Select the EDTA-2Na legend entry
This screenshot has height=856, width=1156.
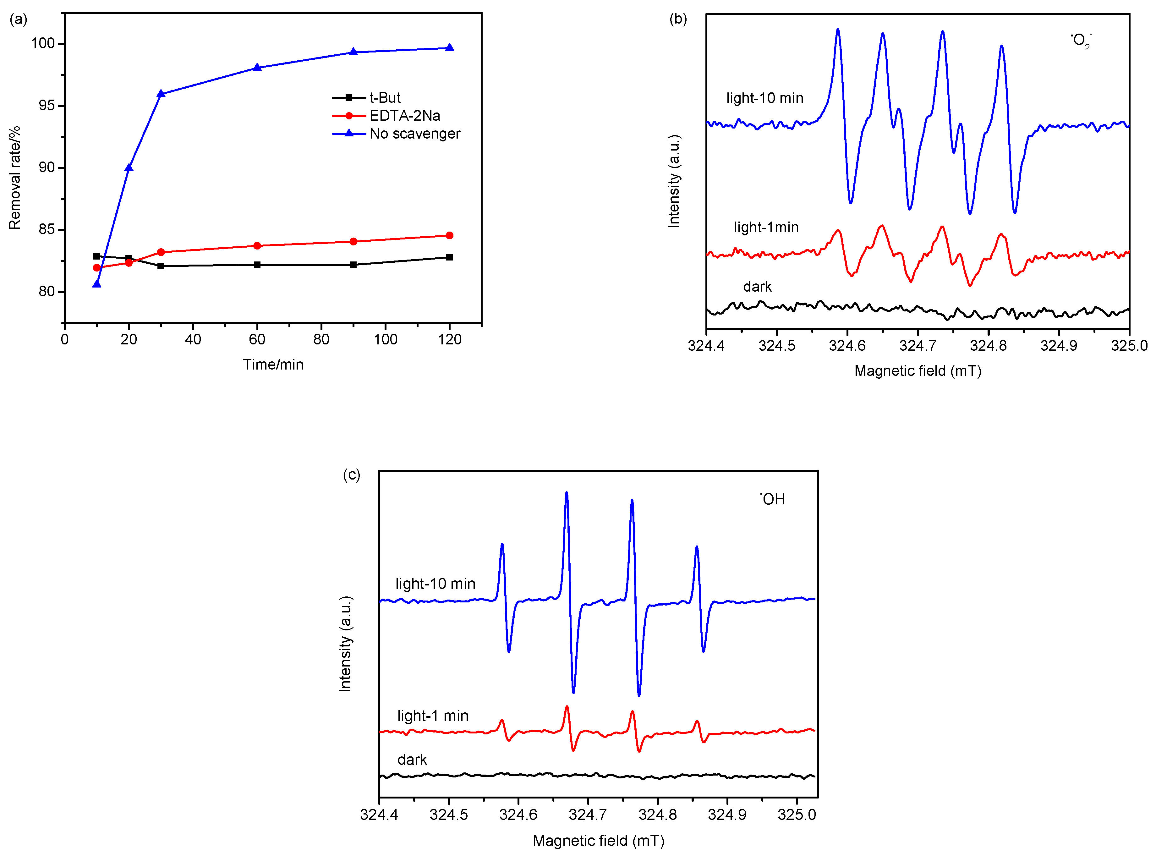tap(404, 116)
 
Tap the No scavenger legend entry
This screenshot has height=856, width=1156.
tap(414, 134)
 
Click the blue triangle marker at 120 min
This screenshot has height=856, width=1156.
tap(449, 48)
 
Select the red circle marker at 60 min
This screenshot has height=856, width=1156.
tap(257, 246)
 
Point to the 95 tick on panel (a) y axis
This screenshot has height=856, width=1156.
tap(47, 106)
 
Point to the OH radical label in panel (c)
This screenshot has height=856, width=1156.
tap(773, 499)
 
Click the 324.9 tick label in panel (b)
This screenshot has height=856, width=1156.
tap(1059, 346)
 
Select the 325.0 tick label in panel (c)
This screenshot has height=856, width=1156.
tap(797, 815)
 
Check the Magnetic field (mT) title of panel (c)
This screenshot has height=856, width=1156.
tap(599, 841)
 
